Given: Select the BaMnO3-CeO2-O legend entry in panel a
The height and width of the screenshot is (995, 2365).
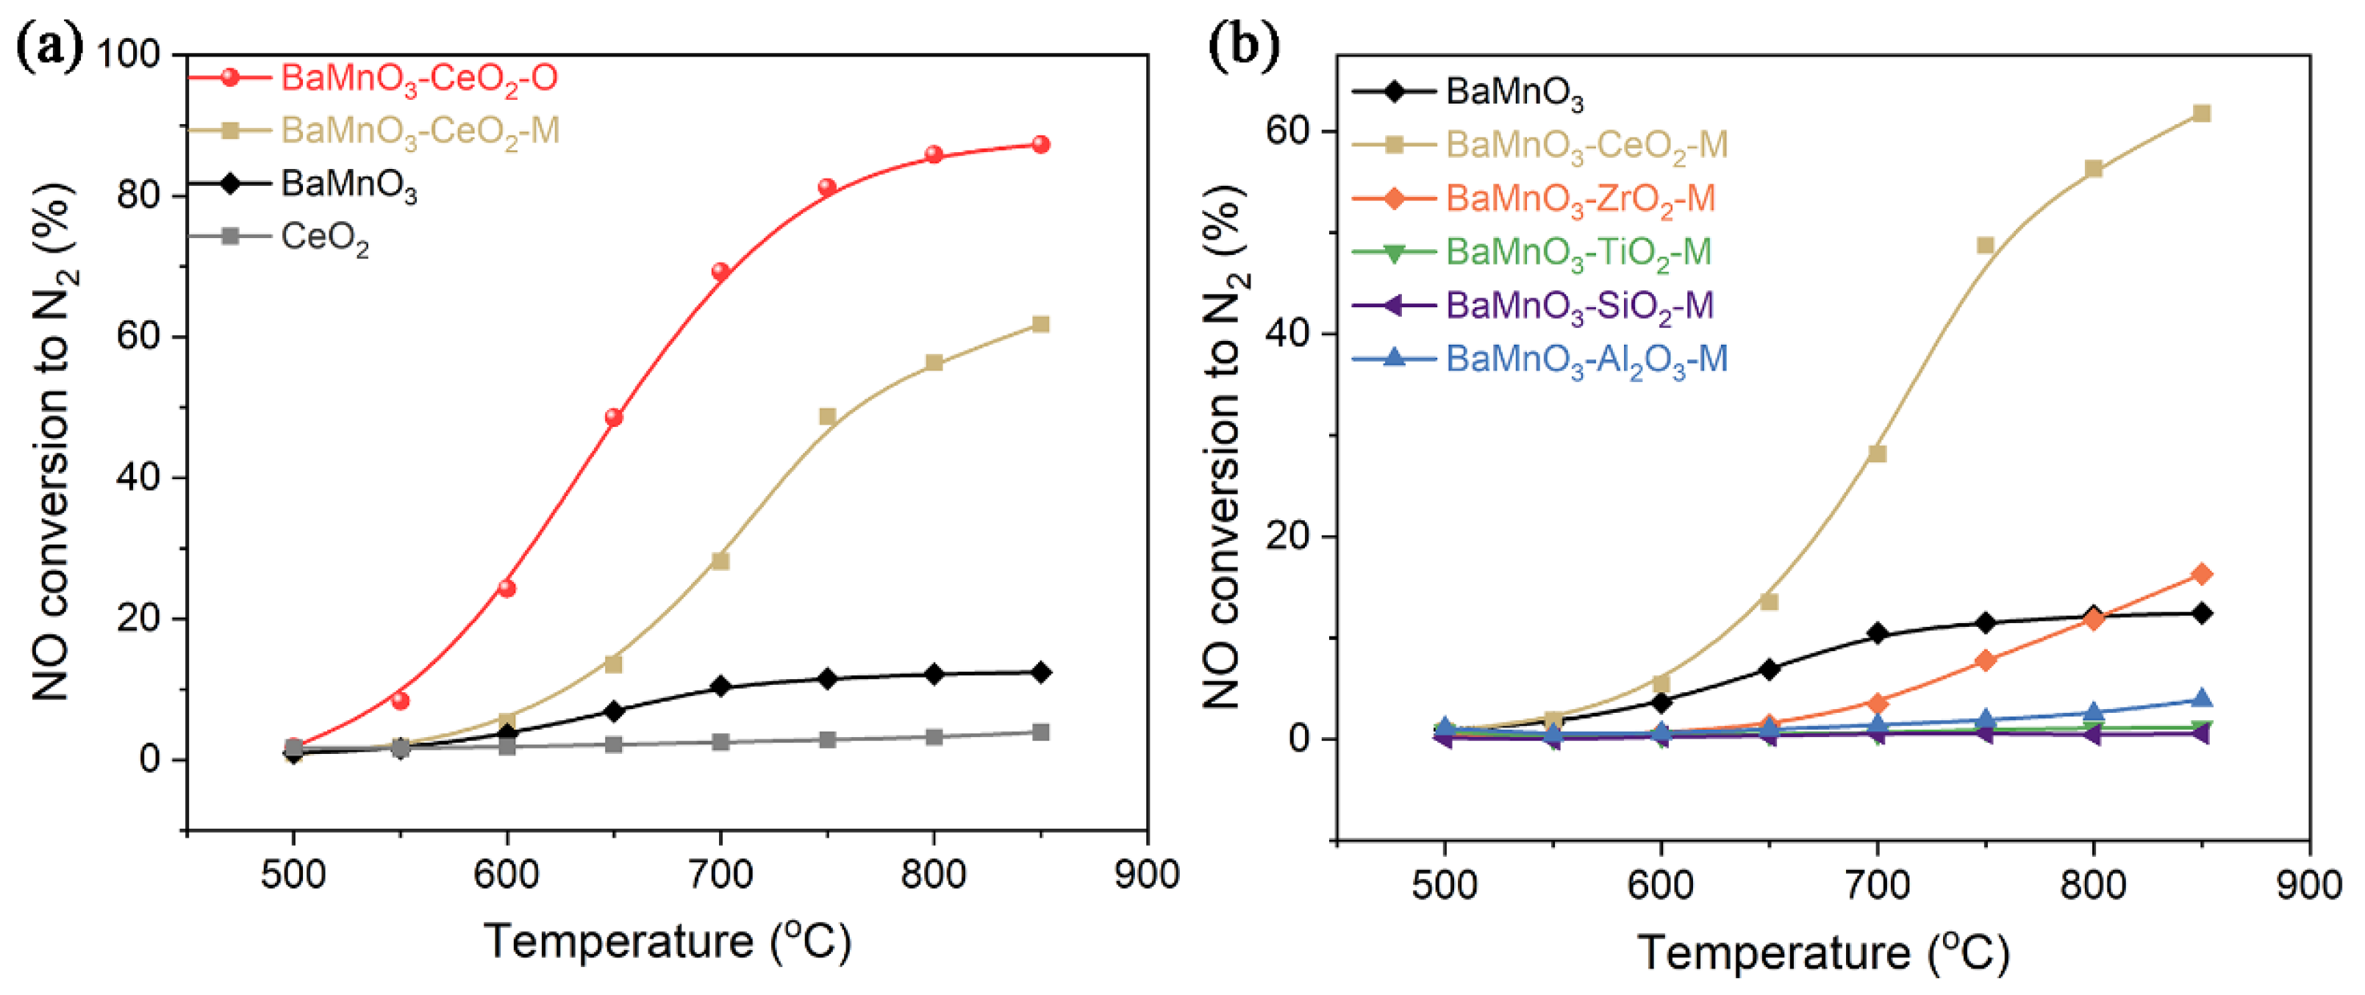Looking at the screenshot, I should coord(418,78).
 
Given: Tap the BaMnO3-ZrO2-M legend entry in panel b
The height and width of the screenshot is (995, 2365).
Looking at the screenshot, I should coord(1579,198).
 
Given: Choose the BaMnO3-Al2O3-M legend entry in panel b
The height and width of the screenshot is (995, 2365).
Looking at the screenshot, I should coord(1586,359).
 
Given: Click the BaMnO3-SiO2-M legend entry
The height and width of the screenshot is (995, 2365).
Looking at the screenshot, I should coord(1579,306).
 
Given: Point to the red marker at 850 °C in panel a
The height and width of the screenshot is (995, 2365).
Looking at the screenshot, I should coord(1040,144).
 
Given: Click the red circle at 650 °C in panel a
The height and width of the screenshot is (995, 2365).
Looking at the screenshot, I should coord(614,417).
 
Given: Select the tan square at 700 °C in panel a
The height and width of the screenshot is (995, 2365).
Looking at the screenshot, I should coord(720,561).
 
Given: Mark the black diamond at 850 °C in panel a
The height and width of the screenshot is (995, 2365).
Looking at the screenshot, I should coord(1040,673).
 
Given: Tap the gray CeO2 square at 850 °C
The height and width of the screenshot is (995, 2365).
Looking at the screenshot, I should coord(1040,733).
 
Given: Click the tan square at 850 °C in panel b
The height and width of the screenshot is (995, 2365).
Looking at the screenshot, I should coord(2200,114).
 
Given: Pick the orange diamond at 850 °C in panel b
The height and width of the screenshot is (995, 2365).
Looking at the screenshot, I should coord(2200,575).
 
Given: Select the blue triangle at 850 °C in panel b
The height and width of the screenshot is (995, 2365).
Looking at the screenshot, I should coord(2200,700).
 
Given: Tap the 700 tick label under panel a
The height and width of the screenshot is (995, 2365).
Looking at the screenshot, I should coord(720,874).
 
